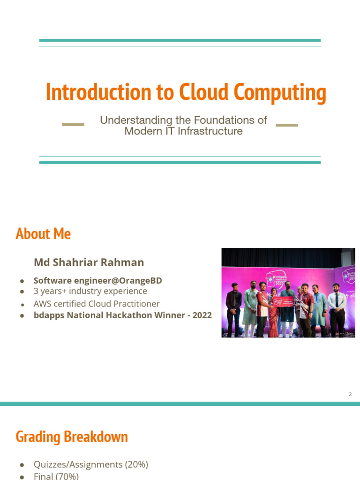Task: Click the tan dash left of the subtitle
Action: coord(73,125)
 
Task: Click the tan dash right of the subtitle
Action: coord(286,125)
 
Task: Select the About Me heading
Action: coord(43,233)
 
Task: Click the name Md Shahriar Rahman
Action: coord(89,262)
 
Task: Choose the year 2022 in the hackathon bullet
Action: coord(202,315)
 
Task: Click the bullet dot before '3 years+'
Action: coord(22,292)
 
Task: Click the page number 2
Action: coord(350,394)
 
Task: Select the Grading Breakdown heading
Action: coord(72,437)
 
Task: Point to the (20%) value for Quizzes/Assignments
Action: coord(136,465)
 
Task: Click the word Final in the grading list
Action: coord(44,476)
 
